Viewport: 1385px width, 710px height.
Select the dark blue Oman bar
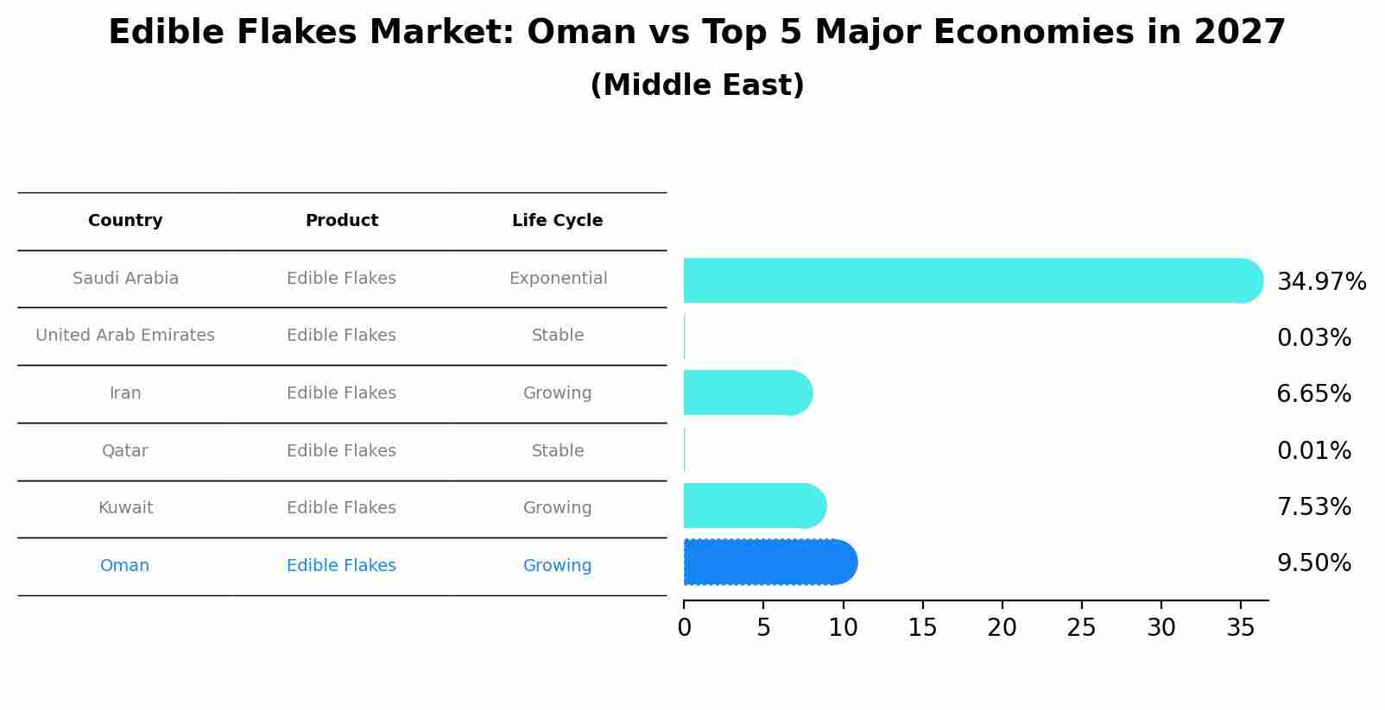[x=769, y=562]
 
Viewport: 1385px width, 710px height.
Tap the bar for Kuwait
[x=754, y=506]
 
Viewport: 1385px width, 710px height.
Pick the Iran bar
[x=747, y=393]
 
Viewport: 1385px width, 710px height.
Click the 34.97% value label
[x=1321, y=282]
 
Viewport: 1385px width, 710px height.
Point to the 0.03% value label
[x=1313, y=338]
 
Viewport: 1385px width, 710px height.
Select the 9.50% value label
[x=1313, y=563]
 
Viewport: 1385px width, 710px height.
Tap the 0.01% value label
[x=1313, y=451]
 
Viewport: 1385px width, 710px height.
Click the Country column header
[x=125, y=221]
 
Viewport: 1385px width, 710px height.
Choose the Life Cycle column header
[x=557, y=221]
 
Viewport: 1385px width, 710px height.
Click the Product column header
[x=341, y=221]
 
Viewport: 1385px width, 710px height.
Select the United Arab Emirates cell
[x=125, y=336]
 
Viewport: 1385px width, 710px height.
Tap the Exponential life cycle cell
[x=558, y=279]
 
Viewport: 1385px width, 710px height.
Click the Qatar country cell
[x=124, y=451]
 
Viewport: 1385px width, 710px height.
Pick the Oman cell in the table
[x=124, y=566]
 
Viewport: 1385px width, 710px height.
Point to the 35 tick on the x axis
[x=1240, y=628]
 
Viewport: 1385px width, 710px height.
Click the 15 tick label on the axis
[x=922, y=628]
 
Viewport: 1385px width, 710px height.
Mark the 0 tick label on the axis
[x=684, y=628]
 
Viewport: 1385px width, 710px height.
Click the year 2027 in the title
[x=1240, y=33]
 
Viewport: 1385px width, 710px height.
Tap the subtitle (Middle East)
[x=697, y=85]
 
